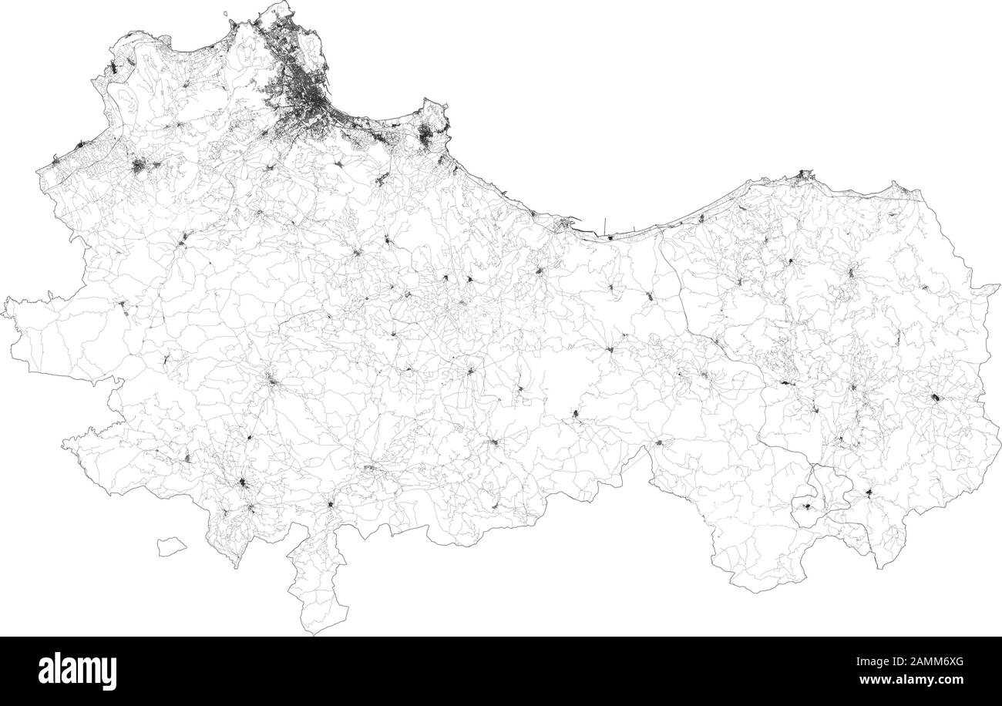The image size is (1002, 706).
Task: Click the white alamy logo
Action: point(77,671)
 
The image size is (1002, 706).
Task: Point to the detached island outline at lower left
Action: point(172,547)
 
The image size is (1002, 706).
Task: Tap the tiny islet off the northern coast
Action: point(226,13)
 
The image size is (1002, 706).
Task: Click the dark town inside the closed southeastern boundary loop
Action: point(808,507)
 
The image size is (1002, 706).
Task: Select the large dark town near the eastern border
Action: point(935,398)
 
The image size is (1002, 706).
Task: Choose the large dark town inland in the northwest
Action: point(140,165)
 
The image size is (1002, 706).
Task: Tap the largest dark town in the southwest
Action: point(244,484)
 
